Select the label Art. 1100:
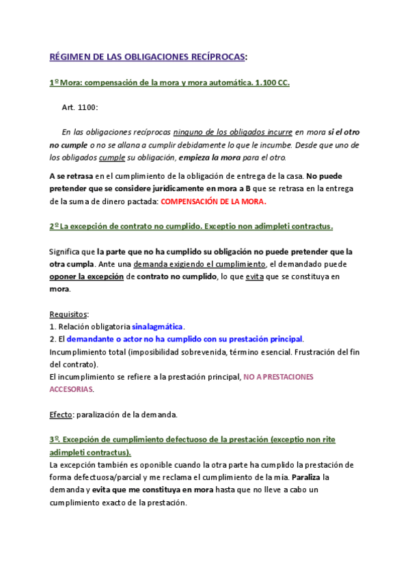click(80, 108)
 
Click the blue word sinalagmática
click(158, 326)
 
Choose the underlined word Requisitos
click(68, 314)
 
